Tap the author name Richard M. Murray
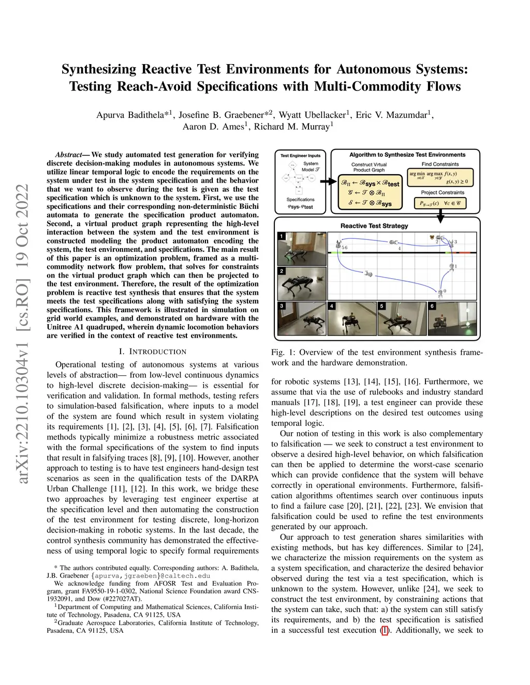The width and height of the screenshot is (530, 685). tap(293, 127)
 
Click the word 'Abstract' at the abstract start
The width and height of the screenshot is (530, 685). tap(68, 155)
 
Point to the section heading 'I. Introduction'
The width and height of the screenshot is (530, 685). tap(153, 352)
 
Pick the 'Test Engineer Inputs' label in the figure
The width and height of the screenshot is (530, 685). tap(300, 156)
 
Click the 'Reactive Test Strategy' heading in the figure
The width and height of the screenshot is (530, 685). tap(374, 226)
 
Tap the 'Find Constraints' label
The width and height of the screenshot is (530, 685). tap(440, 164)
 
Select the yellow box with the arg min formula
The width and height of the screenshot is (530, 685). tap(440, 177)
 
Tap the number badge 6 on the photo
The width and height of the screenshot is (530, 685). tap(432, 306)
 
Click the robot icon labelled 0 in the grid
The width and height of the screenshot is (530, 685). tap(440, 293)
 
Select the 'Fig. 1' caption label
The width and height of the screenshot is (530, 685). tap(283, 353)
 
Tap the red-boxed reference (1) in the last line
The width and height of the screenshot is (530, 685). tap(384, 630)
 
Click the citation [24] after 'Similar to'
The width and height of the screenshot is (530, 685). tap(475, 547)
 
